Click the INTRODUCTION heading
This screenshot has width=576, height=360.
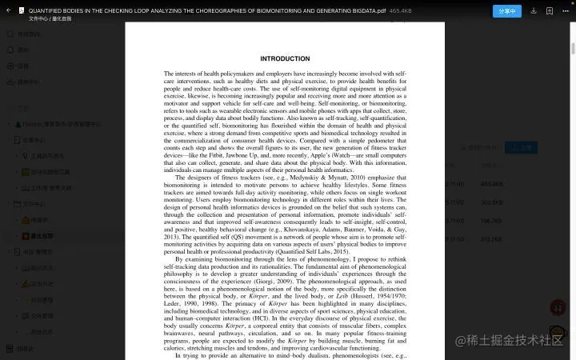point(285,58)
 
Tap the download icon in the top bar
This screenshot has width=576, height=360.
point(533,11)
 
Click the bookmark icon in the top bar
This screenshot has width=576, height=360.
point(549,11)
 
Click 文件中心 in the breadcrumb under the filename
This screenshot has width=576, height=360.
point(38,18)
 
